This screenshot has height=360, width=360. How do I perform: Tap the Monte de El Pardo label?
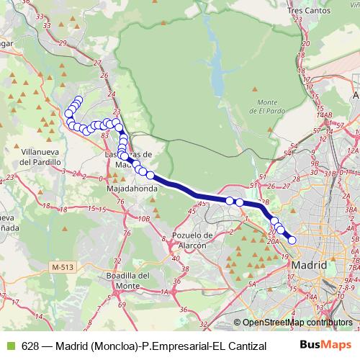pos(268,107)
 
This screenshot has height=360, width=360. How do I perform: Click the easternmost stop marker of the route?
pos(292,240)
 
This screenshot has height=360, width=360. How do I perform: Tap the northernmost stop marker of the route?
pos(78,100)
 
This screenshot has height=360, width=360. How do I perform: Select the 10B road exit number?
pos(144,218)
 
